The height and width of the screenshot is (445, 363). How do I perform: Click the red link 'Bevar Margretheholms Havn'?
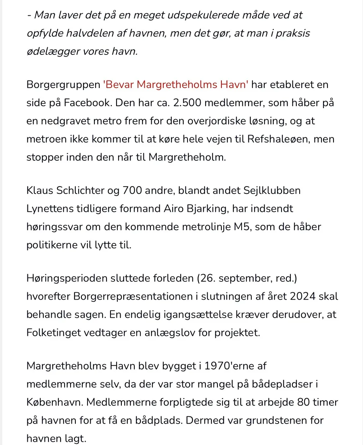(x=176, y=85)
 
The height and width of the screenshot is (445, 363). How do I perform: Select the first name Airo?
(x=164, y=209)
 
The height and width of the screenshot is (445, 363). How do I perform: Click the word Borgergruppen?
(x=63, y=85)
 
